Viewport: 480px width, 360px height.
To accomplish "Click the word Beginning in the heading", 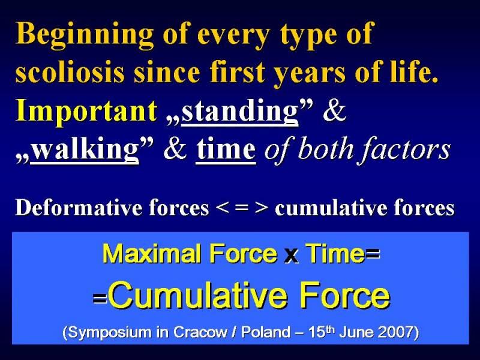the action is (x=85, y=35).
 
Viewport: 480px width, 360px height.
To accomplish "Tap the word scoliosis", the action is (x=70, y=72).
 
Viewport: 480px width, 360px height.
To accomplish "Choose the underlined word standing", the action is (x=239, y=112).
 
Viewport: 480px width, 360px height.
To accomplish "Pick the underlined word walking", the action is (x=85, y=149).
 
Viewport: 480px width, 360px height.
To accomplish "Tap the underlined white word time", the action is (x=226, y=149).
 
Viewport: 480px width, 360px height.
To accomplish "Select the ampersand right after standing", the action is (x=334, y=110).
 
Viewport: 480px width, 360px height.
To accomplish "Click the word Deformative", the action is (x=80, y=208).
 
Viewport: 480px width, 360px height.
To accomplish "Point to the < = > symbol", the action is (x=242, y=208).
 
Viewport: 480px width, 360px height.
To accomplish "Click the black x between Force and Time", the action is (x=291, y=256).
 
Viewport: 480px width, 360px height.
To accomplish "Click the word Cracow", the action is (x=200, y=332).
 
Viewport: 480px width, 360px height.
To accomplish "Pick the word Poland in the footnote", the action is (x=266, y=332).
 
